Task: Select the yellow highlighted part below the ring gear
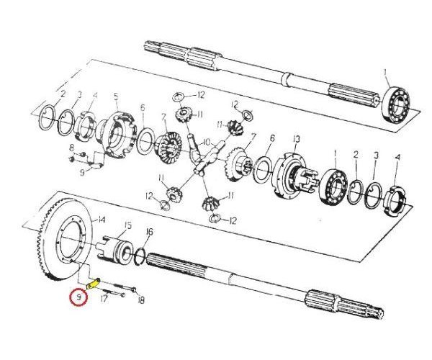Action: pos(91,284)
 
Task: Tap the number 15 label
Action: pos(127,225)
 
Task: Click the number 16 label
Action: pos(150,231)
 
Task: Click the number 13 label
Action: pos(295,139)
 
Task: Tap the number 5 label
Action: pos(115,96)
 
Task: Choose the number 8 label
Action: pos(71,148)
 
